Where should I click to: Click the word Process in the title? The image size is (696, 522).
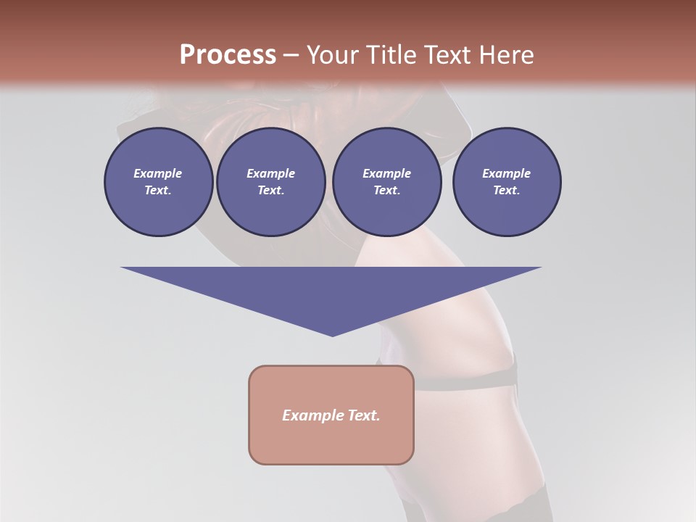228,55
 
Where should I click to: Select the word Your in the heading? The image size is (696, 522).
331,55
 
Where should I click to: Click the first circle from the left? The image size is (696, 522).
158,182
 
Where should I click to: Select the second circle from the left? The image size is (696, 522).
270,182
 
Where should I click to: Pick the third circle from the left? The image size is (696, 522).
386,182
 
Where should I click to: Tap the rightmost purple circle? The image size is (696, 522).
506,182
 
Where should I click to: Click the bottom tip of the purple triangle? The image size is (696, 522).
332,335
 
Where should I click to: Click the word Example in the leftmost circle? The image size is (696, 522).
158,173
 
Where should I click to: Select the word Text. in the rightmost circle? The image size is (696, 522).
506,191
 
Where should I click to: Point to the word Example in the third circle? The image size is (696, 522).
386,173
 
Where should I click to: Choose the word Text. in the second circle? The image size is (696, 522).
270,191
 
